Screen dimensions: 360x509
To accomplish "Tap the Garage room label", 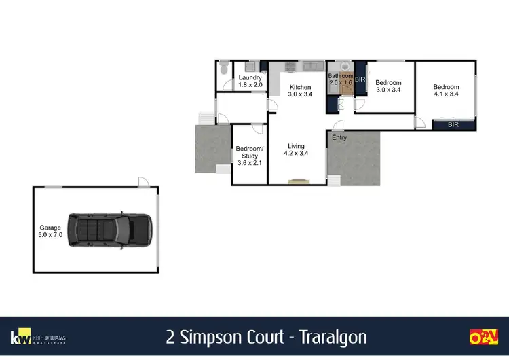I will tap(50, 228).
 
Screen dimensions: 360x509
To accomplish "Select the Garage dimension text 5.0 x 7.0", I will tap(50, 236).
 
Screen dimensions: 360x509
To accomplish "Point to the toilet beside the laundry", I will tap(223, 69).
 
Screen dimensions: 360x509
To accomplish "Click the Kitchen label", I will tap(300, 87).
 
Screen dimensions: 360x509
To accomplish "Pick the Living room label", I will tap(295, 146).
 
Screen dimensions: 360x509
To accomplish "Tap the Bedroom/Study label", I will tap(248, 152).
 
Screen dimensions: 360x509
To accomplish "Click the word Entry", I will tap(339, 138).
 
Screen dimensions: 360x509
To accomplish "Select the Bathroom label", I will tap(341, 76).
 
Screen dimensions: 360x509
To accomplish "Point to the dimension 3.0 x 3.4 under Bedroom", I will tap(389, 90).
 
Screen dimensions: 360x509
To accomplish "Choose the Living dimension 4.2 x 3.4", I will tap(295, 154).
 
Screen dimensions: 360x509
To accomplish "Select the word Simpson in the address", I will tap(206, 338).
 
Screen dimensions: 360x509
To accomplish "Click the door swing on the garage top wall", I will tap(143, 181).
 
